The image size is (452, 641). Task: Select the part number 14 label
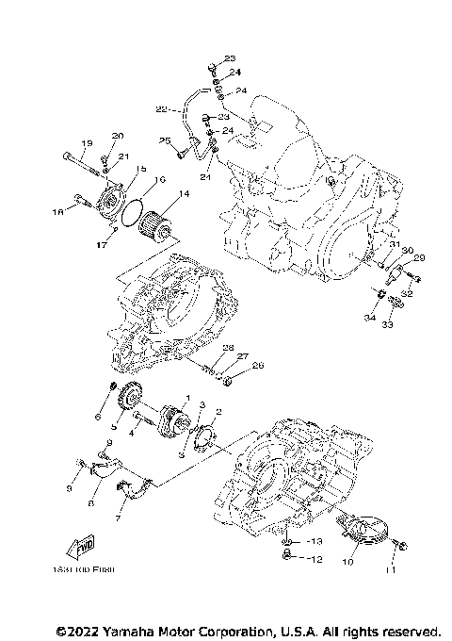pyautogui.click(x=183, y=194)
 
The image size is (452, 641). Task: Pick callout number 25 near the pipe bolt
pyautogui.click(x=164, y=141)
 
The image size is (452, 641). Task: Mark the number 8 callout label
pyautogui.click(x=90, y=504)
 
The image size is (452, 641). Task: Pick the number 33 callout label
pyautogui.click(x=386, y=325)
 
